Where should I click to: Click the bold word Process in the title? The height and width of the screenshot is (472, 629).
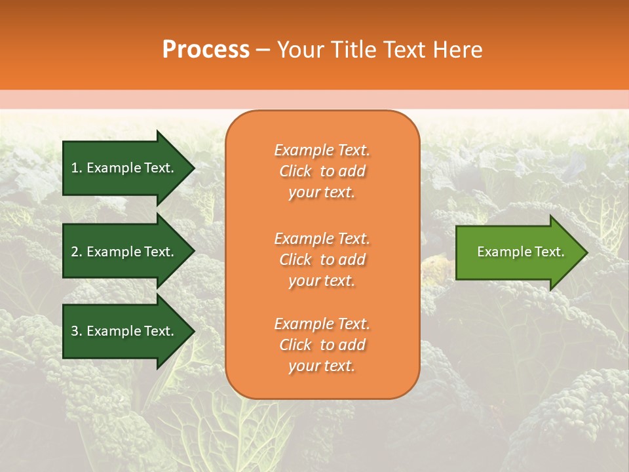[206, 50]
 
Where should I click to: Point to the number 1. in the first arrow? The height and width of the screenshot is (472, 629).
[77, 168]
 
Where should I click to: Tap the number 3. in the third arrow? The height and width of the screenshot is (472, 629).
[77, 332]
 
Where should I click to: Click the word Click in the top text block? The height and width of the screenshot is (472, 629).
[295, 172]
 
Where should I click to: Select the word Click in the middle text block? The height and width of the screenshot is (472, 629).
[295, 260]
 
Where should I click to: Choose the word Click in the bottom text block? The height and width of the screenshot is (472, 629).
[295, 345]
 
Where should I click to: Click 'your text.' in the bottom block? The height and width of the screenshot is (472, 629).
[322, 366]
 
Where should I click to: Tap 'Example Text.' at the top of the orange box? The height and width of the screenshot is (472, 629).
[322, 150]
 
